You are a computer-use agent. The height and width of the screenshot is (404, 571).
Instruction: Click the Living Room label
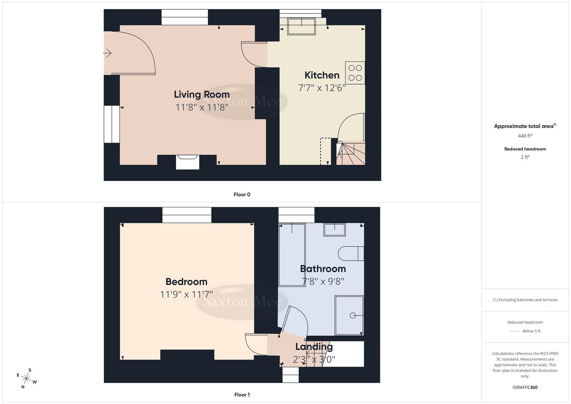(202, 95)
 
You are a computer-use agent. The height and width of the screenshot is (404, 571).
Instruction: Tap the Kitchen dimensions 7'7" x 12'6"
(321, 88)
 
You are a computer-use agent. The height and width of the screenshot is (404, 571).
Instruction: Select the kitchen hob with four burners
(355, 73)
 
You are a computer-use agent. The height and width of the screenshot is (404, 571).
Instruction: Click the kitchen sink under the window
(301, 26)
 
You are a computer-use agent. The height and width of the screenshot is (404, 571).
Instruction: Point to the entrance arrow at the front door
(107, 53)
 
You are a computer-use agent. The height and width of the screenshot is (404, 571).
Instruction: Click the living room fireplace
(187, 162)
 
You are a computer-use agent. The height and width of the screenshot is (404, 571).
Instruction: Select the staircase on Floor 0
(350, 153)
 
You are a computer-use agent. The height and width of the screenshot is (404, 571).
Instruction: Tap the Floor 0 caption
(242, 195)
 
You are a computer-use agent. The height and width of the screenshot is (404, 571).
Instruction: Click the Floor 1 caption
(242, 395)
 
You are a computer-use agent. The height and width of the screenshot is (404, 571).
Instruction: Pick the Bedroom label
(186, 282)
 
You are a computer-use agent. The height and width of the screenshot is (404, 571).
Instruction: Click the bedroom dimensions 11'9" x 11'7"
(186, 294)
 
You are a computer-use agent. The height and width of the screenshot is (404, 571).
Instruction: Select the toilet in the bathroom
(350, 253)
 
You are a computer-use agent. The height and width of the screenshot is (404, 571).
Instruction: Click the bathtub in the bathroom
(292, 254)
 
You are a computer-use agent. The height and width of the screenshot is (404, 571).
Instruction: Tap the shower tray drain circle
(353, 316)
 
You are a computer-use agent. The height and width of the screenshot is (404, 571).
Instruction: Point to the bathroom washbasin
(335, 230)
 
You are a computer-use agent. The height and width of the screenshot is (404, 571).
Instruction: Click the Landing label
(314, 347)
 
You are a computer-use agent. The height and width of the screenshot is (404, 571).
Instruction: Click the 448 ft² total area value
(525, 136)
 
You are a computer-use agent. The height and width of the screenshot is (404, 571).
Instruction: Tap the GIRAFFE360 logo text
(525, 387)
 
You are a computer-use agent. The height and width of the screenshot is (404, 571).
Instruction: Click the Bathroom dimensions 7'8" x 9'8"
(323, 281)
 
